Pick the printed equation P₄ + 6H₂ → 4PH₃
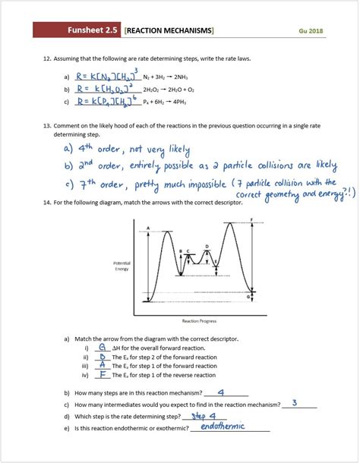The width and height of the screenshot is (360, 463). pos(168,101)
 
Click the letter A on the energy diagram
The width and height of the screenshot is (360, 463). pos(148,227)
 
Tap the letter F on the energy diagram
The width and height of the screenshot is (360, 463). pos(251,219)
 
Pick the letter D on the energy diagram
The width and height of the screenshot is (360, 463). pos(207,247)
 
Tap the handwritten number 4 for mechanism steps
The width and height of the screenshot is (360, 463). pos(221,392)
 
